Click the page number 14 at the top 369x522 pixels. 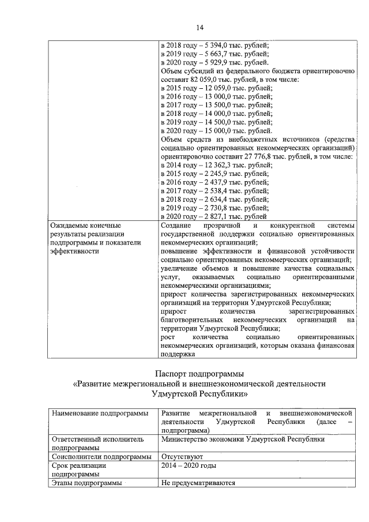(199, 27)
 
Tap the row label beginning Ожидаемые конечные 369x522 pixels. (85, 225)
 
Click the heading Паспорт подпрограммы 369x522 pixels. (199, 373)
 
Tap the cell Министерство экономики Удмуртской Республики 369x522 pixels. (243, 438)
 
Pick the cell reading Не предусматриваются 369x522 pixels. (198, 483)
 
